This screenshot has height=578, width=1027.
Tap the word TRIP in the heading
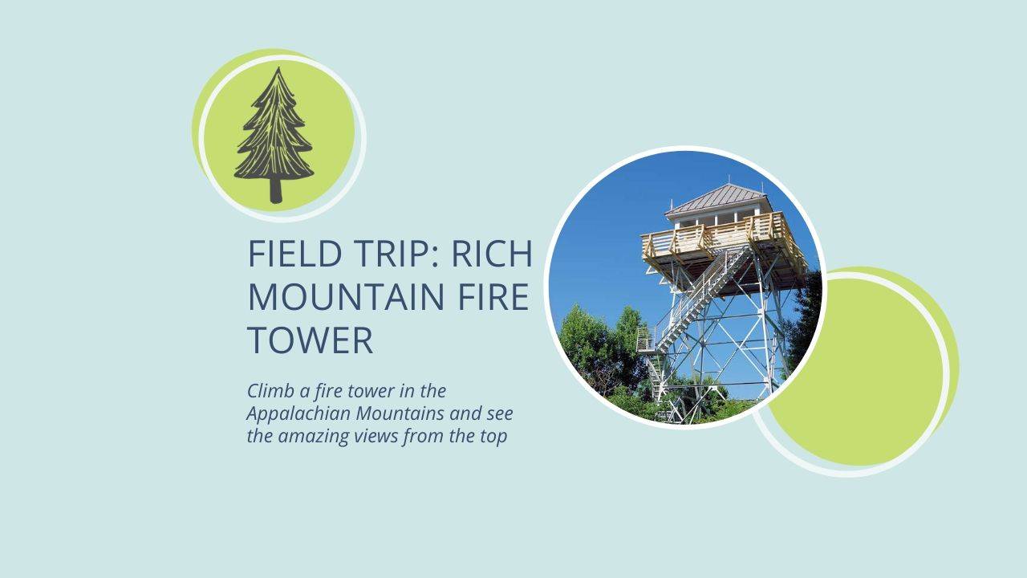click(x=391, y=253)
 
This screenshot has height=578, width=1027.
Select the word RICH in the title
click(x=492, y=253)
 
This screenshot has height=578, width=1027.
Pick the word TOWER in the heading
click(x=311, y=340)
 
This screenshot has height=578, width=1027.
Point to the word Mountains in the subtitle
click(x=400, y=413)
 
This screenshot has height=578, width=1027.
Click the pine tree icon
click(x=274, y=136)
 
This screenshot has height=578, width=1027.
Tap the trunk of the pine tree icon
click(x=275, y=191)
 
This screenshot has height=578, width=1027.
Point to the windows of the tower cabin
click(x=717, y=218)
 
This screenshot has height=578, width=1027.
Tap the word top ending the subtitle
click(x=493, y=437)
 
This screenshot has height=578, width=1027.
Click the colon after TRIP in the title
click(x=436, y=257)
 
